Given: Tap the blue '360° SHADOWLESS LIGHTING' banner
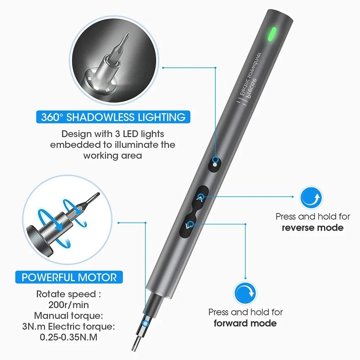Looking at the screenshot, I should pyautogui.click(x=113, y=117).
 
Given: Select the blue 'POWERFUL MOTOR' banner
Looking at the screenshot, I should pyautogui.click(x=69, y=278).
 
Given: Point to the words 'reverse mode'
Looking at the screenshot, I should pyautogui.click(x=312, y=228).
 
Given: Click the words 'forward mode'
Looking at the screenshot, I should pyautogui.click(x=245, y=323).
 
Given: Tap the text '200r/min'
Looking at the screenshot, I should pyautogui.click(x=69, y=305).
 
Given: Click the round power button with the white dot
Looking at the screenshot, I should pyautogui.click(x=215, y=162).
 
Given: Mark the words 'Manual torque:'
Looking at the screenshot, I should pyautogui.click(x=69, y=316).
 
